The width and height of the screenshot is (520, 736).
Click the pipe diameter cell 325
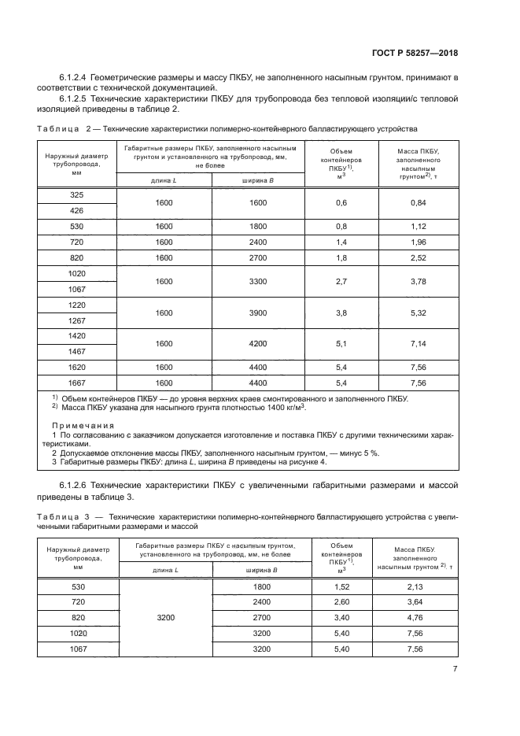[78, 194]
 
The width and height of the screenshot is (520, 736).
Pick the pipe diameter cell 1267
[78, 320]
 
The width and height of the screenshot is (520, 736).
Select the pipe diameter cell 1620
[78, 366]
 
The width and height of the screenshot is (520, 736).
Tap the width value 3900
[260, 313]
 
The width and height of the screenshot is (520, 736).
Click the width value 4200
[260, 343]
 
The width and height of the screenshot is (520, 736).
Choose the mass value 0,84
[419, 202]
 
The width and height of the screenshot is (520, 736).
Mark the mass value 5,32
[419, 313]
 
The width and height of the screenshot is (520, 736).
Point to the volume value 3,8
[342, 313]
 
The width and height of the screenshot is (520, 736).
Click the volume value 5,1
[342, 343]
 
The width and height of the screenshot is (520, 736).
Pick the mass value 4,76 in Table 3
[417, 618]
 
